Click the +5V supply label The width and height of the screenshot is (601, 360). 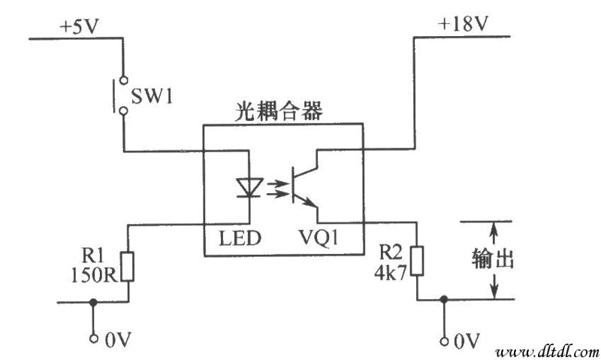[80, 27]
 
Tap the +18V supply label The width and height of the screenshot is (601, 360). [464, 24]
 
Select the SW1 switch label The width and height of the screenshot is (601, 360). [153, 96]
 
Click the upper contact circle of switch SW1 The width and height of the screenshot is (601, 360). [123, 80]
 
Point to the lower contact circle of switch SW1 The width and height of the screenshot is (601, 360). [123, 110]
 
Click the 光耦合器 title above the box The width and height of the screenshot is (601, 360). [279, 111]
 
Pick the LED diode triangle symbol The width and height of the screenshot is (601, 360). [249, 187]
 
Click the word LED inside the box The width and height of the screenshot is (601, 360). [240, 238]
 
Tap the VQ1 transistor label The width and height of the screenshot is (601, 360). [319, 237]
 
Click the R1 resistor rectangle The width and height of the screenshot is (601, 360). [128, 267]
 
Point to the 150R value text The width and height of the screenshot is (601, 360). [95, 274]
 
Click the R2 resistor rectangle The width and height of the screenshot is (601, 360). [418, 261]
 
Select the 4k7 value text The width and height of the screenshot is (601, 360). [390, 273]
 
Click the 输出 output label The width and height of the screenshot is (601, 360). [493, 259]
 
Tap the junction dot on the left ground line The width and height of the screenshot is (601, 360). [93, 302]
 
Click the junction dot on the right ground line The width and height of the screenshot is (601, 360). [444, 299]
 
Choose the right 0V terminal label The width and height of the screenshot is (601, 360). [467, 340]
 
